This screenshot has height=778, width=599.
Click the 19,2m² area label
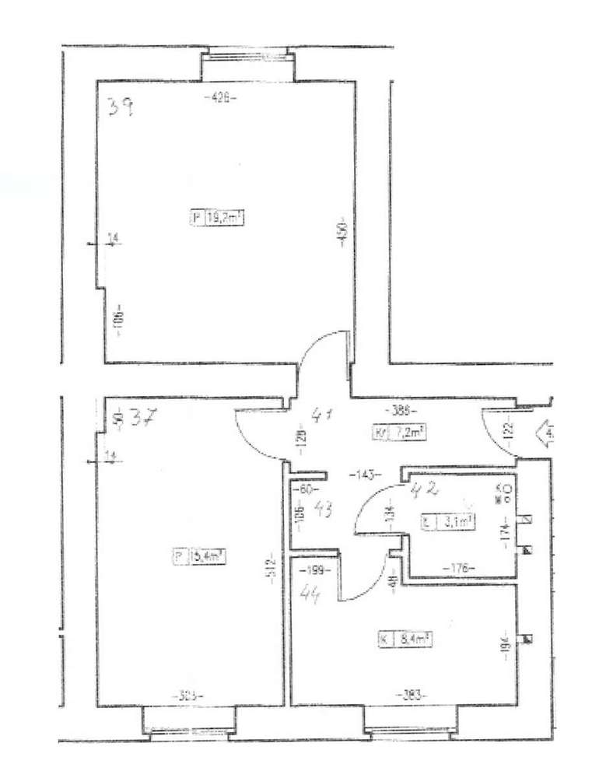(x=224, y=219)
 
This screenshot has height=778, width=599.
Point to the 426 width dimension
(x=220, y=97)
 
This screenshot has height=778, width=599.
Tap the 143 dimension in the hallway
(x=363, y=473)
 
